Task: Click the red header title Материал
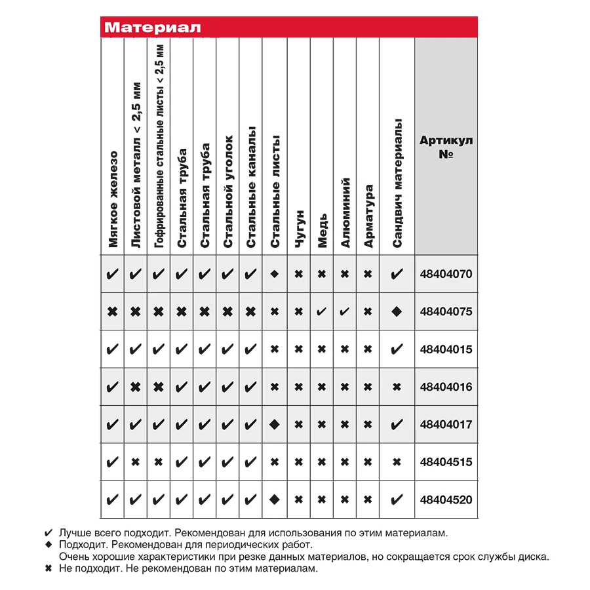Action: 152,28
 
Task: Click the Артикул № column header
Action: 446,147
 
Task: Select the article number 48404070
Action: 446,274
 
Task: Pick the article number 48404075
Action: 446,311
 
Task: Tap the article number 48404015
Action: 446,349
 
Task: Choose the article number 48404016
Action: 446,387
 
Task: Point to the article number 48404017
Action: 446,424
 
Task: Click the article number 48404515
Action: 446,462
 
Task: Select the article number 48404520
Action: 446,500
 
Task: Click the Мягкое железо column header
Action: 113,199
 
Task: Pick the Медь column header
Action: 322,233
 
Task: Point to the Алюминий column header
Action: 345,213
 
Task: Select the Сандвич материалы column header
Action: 397,184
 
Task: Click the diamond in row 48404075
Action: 396,311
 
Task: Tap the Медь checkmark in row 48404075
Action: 321,311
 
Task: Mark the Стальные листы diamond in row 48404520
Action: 275,500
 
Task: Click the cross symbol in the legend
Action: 47,569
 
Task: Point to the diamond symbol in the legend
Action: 47,545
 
